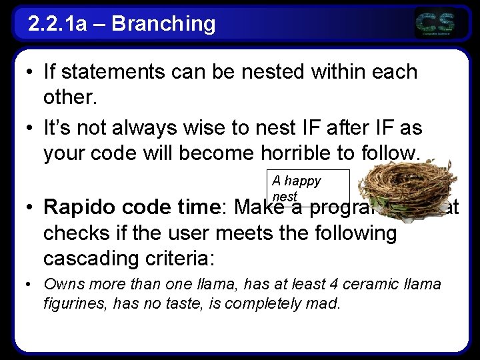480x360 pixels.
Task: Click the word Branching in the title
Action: pyautogui.click(x=163, y=24)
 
